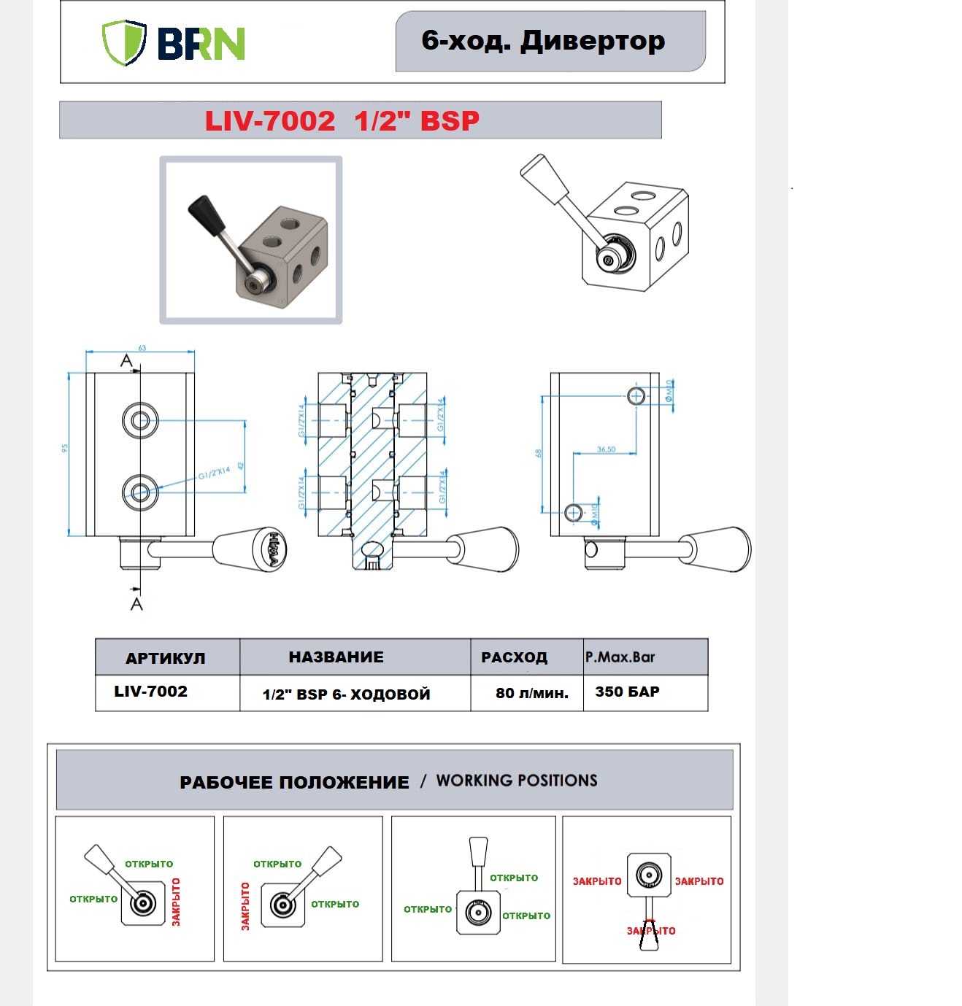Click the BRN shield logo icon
coord(124,42)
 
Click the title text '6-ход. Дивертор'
coord(543,41)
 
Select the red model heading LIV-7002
coord(269,121)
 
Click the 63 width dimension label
coord(142,348)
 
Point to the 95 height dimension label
coord(64,448)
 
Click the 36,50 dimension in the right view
coord(606,449)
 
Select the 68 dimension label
coord(538,453)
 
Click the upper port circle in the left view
coord(140,420)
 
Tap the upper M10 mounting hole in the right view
coord(636,395)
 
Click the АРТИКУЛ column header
coord(166,658)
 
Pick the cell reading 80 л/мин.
coord(531,693)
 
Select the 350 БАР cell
coord(627,692)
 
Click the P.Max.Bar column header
coord(620,657)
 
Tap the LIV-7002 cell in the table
coord(150,692)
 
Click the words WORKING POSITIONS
coord(517,781)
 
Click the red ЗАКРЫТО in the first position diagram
coord(176,902)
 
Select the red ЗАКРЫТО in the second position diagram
coord(245,906)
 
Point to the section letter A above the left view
coord(126,360)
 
